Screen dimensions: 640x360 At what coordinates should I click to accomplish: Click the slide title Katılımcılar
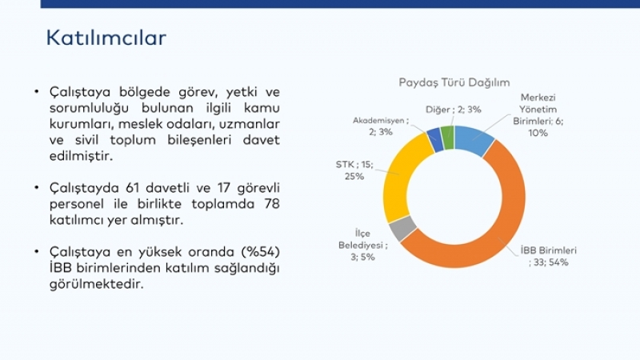tap(106, 38)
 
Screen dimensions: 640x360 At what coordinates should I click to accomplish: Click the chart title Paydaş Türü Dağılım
tap(454, 82)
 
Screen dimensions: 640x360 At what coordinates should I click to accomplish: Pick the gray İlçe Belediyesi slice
tap(402, 229)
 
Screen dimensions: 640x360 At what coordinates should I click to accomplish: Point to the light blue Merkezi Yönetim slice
tap(474, 138)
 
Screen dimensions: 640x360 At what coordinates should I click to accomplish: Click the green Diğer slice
tap(448, 138)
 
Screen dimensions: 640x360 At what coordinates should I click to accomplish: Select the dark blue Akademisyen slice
tap(434, 140)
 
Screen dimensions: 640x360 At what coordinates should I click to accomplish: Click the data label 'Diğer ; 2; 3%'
tap(453, 110)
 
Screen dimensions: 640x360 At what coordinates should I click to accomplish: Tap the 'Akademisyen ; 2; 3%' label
tap(381, 126)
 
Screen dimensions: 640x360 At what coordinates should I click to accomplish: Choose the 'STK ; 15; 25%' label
tap(354, 170)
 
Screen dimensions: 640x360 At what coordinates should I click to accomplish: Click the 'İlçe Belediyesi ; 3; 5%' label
tap(362, 245)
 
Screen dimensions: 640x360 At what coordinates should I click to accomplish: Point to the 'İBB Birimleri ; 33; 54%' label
tap(549, 256)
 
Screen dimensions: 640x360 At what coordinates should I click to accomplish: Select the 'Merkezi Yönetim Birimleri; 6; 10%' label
tap(538, 115)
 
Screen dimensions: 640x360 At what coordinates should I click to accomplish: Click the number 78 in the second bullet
tap(271, 204)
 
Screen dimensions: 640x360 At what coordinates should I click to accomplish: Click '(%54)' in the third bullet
tap(261, 252)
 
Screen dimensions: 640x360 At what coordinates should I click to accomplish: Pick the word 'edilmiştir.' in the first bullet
tap(81, 156)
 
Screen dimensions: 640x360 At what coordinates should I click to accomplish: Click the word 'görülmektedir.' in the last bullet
tap(97, 284)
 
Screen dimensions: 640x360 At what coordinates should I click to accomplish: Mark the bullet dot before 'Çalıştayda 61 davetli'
tap(37, 188)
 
